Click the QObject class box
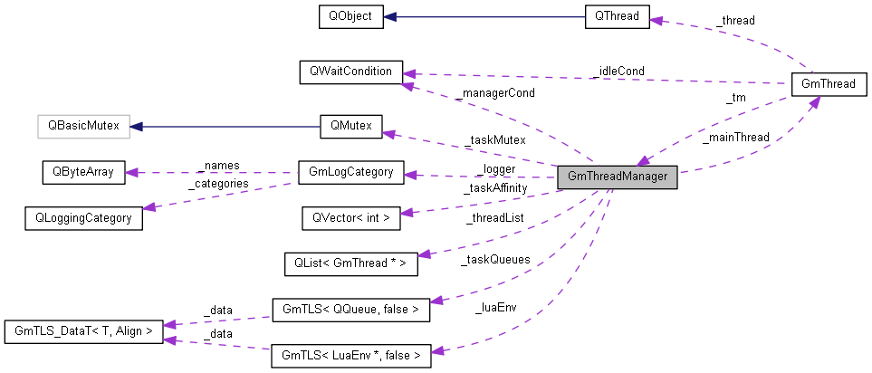point(350,16)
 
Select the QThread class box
point(616,16)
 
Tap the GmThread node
point(829,84)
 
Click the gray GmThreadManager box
point(618,177)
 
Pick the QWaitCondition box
point(350,72)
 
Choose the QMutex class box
point(350,127)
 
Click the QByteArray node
point(82,172)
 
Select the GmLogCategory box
point(350,172)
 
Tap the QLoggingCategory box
point(82,217)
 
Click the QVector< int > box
point(350,217)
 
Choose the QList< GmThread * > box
point(350,264)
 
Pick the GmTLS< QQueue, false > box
point(350,310)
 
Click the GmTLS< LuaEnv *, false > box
point(350,356)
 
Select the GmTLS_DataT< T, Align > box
point(82,332)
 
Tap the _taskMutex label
point(494,140)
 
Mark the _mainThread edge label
point(735,138)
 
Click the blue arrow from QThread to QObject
point(484,16)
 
